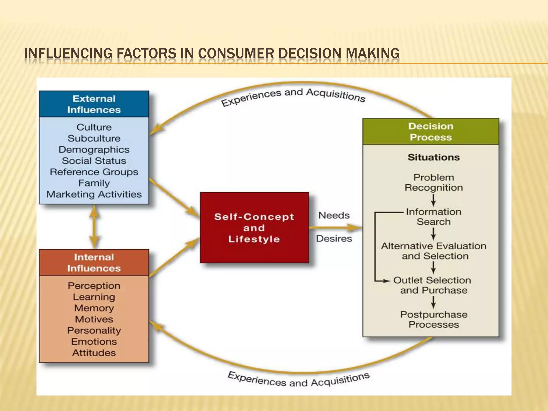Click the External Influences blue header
94,104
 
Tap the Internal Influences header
94,262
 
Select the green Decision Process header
431,132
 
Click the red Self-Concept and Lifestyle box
254,228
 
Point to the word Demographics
94,150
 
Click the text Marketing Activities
94,194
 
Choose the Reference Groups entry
94,172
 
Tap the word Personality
94,330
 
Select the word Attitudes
94,353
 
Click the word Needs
334,215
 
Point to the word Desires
334,238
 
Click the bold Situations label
433,157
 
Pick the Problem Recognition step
433,182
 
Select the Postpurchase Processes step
433,319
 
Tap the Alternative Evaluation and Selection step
433,251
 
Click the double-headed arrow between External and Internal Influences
94,227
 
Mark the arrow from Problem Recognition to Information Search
433,200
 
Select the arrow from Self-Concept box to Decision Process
336,228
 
